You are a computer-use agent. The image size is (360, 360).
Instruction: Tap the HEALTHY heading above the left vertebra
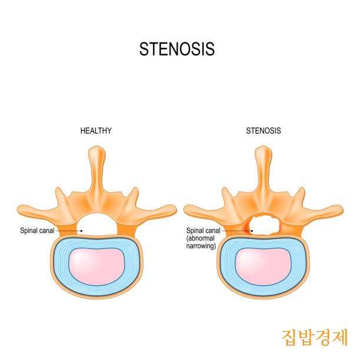(x=96, y=131)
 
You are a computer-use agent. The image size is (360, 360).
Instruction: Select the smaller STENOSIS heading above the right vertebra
(x=263, y=131)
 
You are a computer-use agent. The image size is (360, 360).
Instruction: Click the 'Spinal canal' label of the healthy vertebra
(x=38, y=231)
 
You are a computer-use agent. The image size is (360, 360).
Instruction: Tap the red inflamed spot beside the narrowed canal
(x=246, y=227)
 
